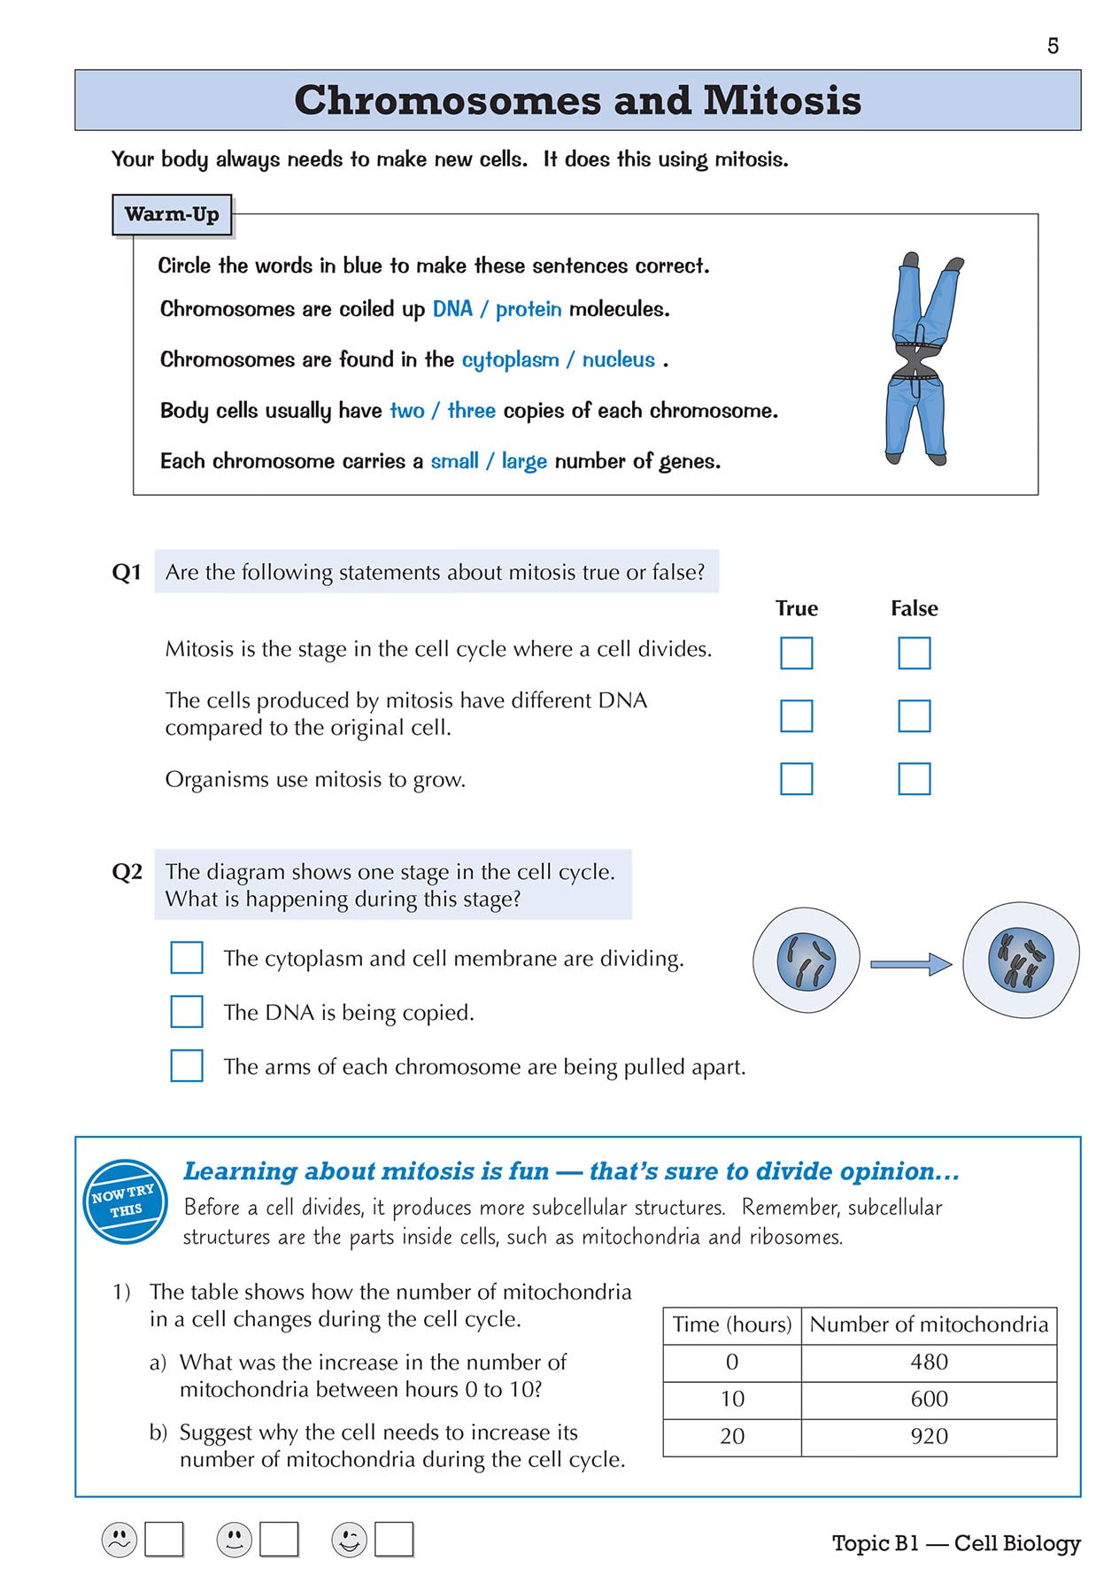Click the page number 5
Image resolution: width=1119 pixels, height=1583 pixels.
[1053, 46]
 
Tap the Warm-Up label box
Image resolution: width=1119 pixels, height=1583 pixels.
[172, 214]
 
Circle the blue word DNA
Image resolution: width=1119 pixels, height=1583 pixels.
[452, 309]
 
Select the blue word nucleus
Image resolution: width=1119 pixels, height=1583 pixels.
[618, 359]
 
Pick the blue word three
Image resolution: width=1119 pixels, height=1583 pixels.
[471, 411]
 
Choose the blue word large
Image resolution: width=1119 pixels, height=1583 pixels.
[524, 461]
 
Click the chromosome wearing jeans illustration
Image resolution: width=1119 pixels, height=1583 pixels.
[922, 359]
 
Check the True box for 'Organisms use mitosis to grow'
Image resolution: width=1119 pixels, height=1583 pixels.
[796, 779]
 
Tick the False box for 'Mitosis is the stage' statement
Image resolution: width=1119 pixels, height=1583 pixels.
[914, 653]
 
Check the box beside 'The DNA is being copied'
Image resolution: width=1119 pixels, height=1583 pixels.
[187, 1011]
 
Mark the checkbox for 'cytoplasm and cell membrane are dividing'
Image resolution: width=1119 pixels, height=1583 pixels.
[187, 957]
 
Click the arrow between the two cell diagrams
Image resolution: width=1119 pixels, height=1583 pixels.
[910, 964]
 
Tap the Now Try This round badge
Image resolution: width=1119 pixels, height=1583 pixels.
[125, 1201]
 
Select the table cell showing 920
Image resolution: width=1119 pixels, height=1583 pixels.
[929, 1436]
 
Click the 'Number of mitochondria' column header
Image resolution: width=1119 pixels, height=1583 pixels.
[929, 1324]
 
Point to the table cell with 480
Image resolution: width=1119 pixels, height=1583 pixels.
[929, 1362]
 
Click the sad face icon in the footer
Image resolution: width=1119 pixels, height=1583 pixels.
[120, 1540]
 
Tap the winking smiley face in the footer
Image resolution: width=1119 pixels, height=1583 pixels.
[349, 1540]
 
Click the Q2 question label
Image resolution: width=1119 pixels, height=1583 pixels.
[127, 872]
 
